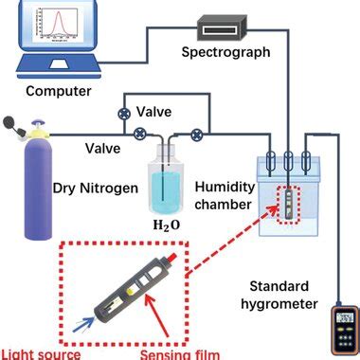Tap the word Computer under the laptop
click(59, 92)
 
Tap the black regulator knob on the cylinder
click(12, 123)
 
